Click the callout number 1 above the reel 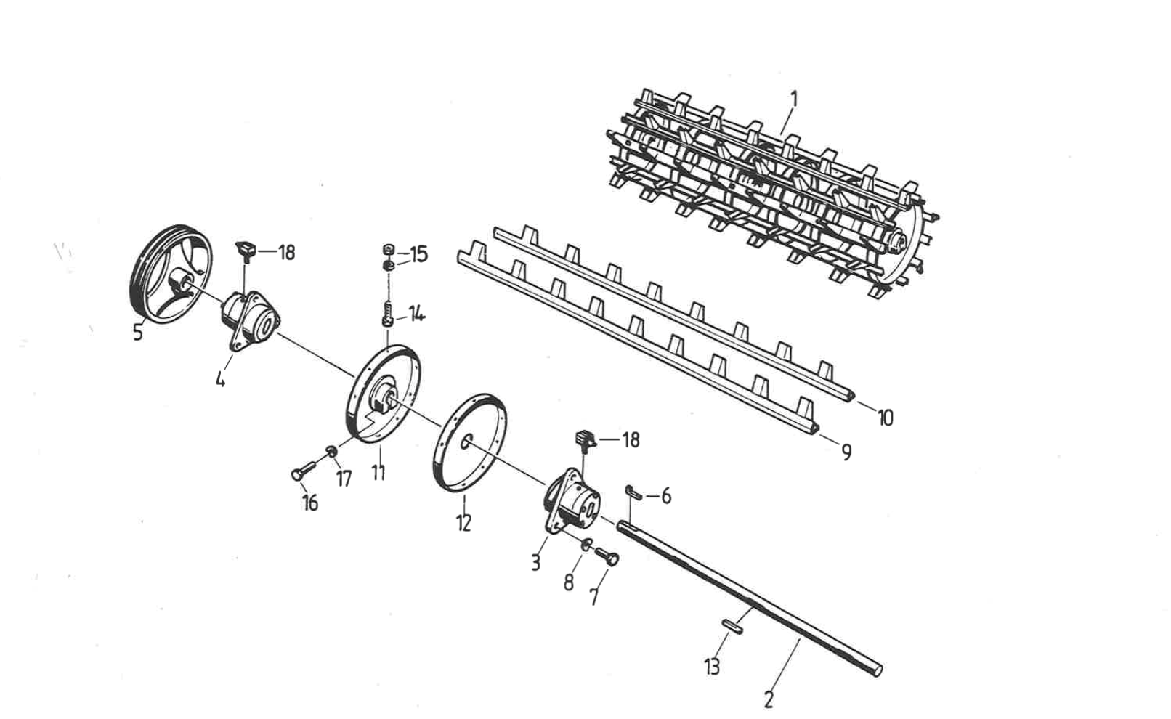click(794, 99)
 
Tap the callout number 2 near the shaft click(768, 699)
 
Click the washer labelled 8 click(586, 544)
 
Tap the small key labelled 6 click(633, 493)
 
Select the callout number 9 click(846, 452)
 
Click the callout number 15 click(419, 255)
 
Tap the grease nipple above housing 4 click(245, 251)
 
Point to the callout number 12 click(463, 522)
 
